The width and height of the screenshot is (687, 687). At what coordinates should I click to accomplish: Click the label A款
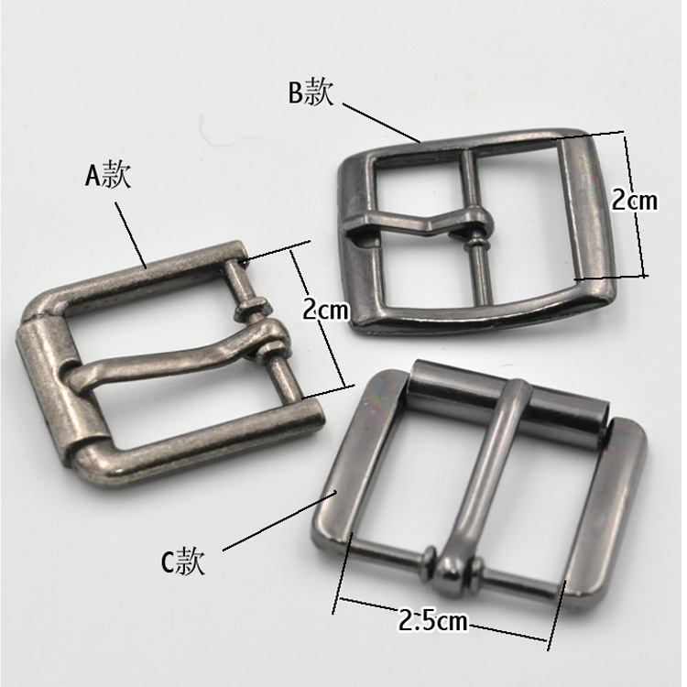[108, 175]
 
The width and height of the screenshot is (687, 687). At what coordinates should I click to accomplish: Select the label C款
[182, 562]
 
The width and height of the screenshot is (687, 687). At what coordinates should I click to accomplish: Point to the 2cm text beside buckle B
[635, 200]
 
